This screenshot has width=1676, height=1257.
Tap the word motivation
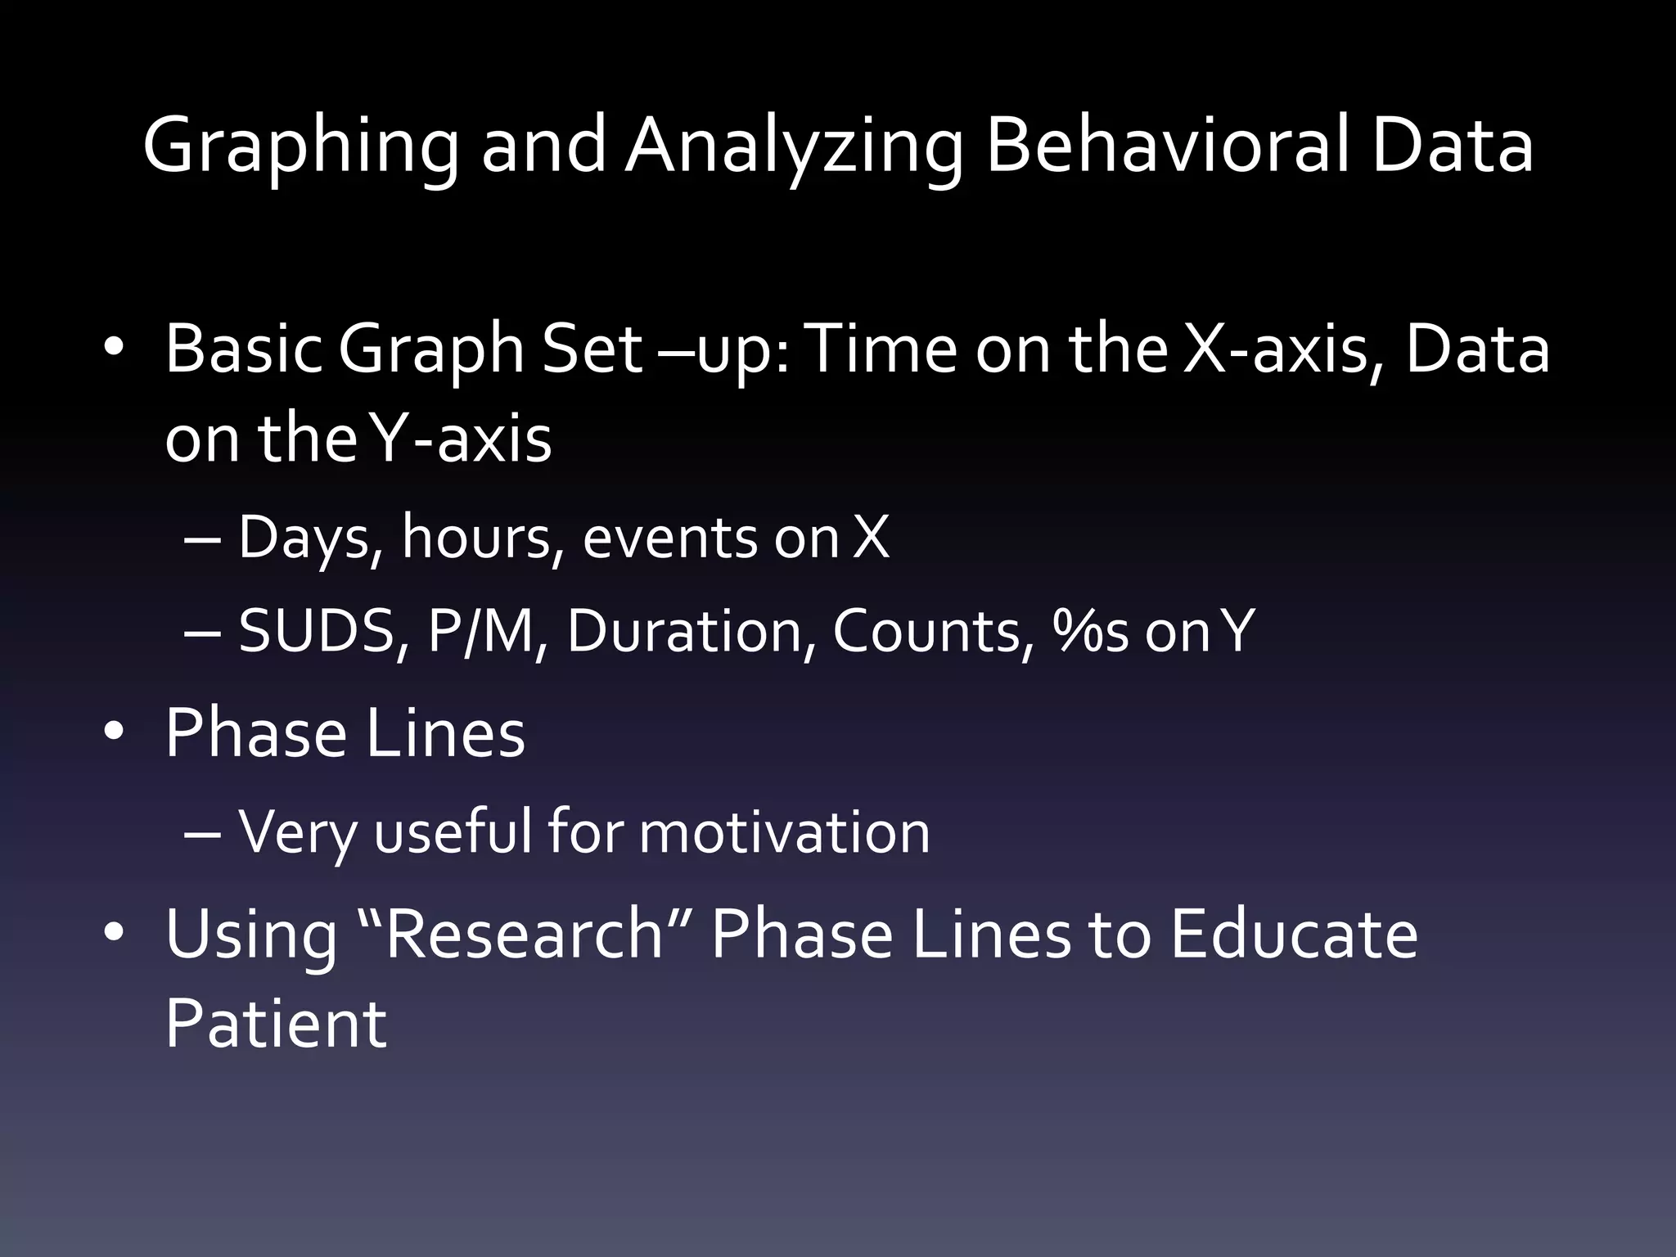784,832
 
